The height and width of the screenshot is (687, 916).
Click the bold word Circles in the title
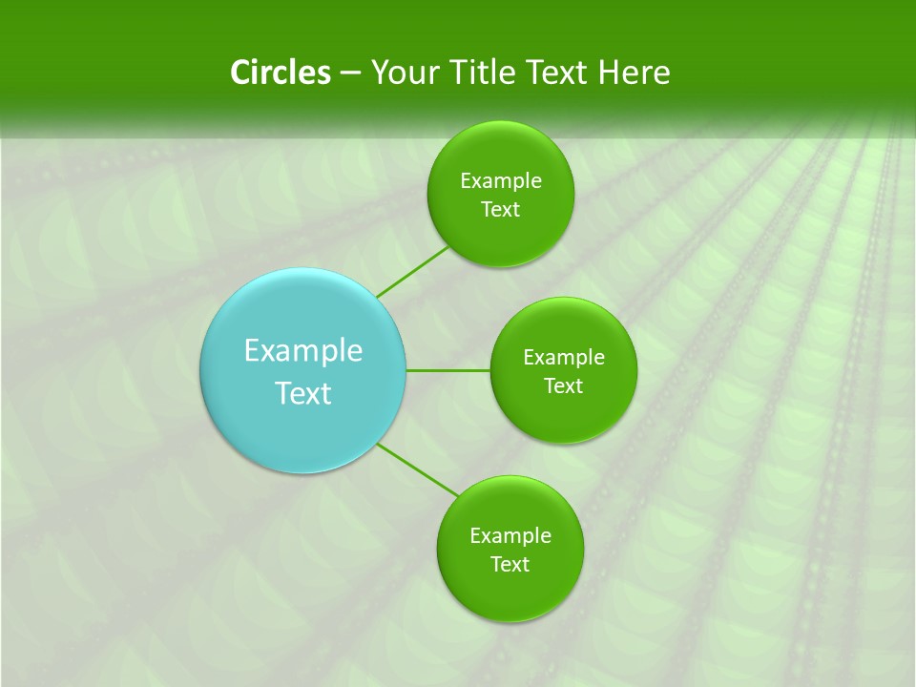(x=281, y=73)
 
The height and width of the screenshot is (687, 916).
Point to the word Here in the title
(x=635, y=73)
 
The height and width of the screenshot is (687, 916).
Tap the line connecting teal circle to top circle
(x=412, y=272)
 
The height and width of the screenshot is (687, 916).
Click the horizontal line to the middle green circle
(x=448, y=370)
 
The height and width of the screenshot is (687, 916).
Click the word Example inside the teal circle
(x=303, y=351)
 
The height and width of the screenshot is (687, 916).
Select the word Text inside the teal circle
(x=303, y=393)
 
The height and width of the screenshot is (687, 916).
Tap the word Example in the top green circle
(x=501, y=181)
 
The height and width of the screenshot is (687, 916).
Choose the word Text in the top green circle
(x=501, y=210)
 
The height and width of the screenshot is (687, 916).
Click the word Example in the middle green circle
(x=564, y=358)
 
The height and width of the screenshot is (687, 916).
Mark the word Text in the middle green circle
(x=564, y=386)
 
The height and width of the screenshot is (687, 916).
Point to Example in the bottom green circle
(x=510, y=536)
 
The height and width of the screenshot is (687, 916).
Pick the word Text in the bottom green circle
(x=510, y=565)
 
